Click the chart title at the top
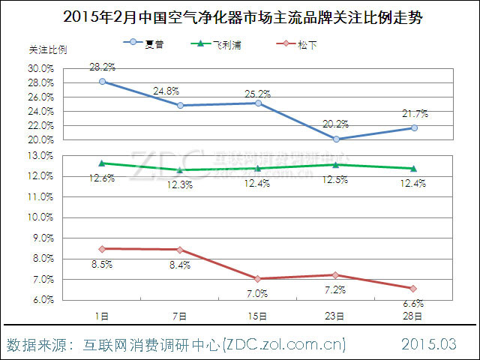(239, 16)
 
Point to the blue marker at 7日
(180, 106)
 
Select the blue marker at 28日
(414, 128)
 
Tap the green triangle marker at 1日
(101, 163)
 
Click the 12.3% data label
(180, 184)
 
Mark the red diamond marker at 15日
(258, 278)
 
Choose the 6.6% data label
(414, 304)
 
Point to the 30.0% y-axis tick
(42, 68)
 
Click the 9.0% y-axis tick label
(42, 238)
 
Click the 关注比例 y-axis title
(46, 50)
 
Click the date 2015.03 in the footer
(428, 345)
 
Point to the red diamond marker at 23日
(336, 274)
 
